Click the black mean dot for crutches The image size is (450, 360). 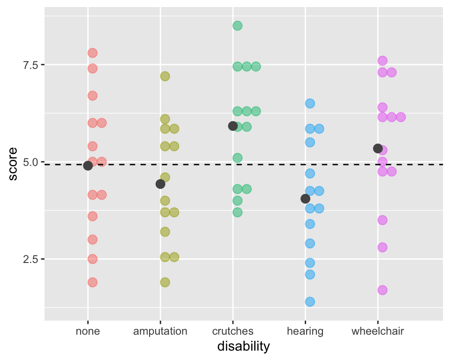pos(232,126)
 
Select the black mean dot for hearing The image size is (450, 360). pos(305,199)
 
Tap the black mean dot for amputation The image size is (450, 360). pos(160,184)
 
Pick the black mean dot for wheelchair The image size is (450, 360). pos(378,148)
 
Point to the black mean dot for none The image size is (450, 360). pos(88,165)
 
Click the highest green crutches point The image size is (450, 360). pos(238,26)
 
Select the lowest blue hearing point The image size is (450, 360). pos(310,301)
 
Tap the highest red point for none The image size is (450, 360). pos(92,53)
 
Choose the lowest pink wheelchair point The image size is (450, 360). pos(382,290)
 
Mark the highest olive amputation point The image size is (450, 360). pos(165,76)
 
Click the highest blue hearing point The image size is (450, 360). pos(310,103)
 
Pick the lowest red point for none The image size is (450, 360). pos(92,282)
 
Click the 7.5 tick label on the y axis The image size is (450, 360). pos(30,65)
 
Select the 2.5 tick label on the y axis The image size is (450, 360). pos(30,259)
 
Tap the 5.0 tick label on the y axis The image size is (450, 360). pos(30,162)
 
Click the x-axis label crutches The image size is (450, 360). pos(233,331)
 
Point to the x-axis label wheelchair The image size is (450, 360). pos(378,331)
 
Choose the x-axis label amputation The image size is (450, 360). pos(160,331)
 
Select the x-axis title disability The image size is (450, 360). pos(244,347)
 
